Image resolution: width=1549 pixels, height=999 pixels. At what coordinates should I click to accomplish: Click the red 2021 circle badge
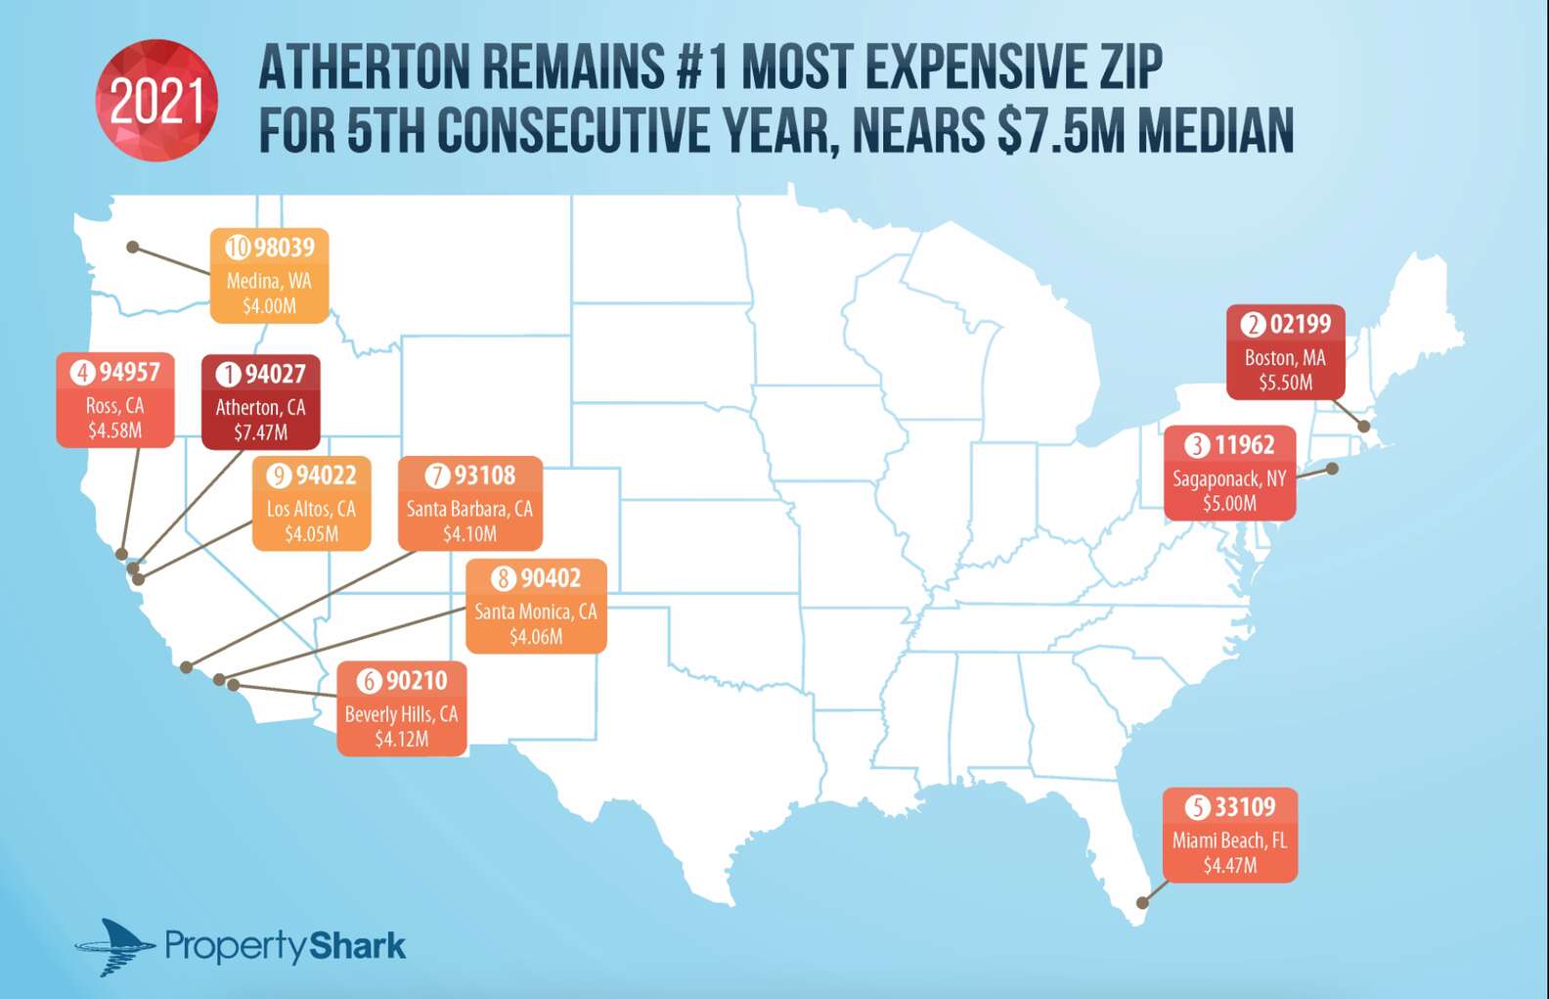coord(156,101)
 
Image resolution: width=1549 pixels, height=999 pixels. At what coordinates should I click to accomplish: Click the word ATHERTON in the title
coord(364,68)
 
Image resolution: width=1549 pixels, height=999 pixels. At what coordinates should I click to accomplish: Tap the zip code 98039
coord(285,248)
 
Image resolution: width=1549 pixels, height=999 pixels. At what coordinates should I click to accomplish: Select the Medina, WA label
coord(269,281)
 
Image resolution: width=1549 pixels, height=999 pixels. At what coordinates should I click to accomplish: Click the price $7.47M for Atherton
coord(260,431)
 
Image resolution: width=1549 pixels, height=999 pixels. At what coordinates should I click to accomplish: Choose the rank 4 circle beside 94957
coord(82,373)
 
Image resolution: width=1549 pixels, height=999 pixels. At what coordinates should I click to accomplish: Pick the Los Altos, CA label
coord(311,509)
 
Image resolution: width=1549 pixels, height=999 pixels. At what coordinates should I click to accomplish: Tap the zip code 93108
coord(484,476)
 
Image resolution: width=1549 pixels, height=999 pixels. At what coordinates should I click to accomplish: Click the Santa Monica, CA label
coord(536,612)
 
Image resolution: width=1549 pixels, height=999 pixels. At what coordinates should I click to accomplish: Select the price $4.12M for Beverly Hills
coord(402,739)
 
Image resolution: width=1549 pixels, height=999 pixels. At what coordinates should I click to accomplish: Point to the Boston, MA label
coord(1285,358)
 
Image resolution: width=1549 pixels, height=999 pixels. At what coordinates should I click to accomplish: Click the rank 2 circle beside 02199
coord(1253,324)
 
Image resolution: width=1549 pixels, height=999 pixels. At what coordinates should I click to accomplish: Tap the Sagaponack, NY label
coord(1229,478)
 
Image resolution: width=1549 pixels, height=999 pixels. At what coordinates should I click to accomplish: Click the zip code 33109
coord(1245,807)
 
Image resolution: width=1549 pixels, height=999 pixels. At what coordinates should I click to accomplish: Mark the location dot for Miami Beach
coord(1141,902)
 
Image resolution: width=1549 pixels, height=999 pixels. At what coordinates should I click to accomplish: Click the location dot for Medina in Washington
coord(133,248)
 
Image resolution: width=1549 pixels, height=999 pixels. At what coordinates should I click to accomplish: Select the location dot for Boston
coord(1364,427)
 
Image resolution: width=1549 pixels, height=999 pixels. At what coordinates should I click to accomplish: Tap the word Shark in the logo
coord(357,946)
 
